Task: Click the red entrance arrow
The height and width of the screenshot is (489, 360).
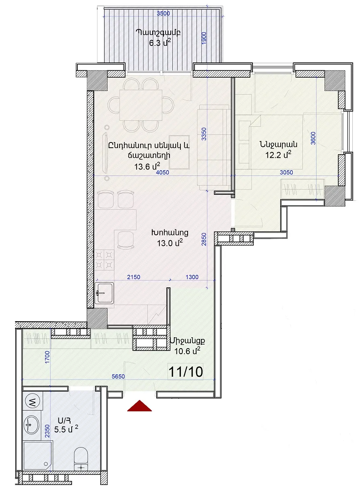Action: coord(139,406)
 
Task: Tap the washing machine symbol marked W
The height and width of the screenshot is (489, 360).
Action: coord(33,401)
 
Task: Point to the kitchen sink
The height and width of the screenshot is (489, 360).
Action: coord(104,293)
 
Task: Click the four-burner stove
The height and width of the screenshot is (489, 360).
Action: coord(104,260)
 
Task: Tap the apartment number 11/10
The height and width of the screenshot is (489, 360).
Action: coord(186,371)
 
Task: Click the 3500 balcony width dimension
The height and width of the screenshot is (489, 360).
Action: coord(163,14)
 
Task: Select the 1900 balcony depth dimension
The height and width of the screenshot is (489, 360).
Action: coord(204,38)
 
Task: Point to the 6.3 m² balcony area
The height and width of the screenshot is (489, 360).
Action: coord(159,43)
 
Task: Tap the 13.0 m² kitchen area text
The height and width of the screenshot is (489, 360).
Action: coord(170,243)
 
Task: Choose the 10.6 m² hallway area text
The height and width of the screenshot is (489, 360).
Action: coord(187,351)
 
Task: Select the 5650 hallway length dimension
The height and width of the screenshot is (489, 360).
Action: coord(118,376)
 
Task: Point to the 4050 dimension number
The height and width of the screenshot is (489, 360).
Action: coord(163,173)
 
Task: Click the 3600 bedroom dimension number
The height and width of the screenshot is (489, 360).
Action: coord(313,138)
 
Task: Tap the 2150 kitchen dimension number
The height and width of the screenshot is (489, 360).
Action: coord(133,277)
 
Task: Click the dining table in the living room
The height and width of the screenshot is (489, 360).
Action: coord(141,105)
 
